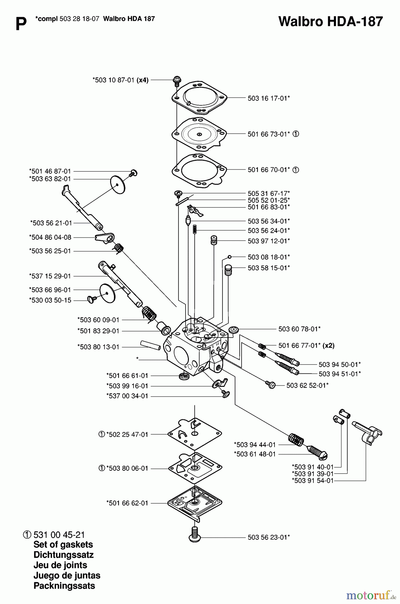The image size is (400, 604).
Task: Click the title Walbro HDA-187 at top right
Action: coord(330,21)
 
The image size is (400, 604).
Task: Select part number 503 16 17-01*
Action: coord(268,98)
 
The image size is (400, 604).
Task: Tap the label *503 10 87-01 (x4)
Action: coord(120,80)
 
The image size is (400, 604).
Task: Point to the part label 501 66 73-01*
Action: coord(268,134)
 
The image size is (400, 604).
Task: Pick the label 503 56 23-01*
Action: coord(268,537)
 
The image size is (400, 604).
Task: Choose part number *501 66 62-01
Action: coord(127,503)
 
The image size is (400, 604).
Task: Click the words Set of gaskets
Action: coord(63,544)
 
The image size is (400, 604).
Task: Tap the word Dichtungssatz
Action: coord(63,555)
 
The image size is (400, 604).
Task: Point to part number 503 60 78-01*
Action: coord(299,329)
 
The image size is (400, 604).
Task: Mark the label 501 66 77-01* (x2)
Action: coord(306,345)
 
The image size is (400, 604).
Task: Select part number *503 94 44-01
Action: coord(255,445)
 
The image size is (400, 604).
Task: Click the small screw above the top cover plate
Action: coord(177,80)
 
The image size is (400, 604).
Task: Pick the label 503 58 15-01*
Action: coord(268,268)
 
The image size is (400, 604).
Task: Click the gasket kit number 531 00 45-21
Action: coord(59,535)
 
